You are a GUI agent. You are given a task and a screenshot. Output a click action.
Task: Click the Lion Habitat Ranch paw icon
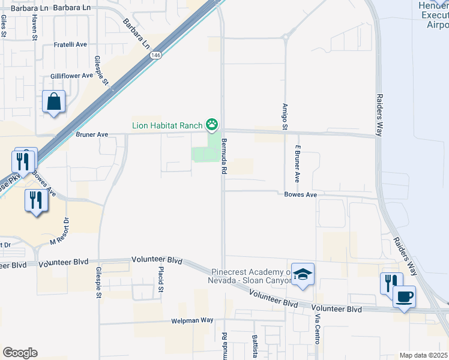click(x=212, y=125)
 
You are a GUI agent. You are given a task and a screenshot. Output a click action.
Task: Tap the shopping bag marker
click(x=54, y=102)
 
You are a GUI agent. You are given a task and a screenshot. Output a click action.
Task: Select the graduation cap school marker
click(x=303, y=275)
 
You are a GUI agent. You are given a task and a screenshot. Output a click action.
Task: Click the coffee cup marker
click(x=404, y=297)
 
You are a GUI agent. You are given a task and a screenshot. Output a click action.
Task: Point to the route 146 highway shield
click(x=155, y=55)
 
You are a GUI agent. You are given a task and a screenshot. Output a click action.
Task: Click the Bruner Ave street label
click(x=92, y=135)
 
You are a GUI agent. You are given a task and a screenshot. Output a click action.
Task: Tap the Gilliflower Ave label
click(x=71, y=76)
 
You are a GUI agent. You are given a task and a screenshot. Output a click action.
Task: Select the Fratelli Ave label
click(x=71, y=44)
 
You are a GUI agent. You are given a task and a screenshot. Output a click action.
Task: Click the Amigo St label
click(x=285, y=115)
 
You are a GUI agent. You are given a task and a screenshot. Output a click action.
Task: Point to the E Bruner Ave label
click(x=297, y=163)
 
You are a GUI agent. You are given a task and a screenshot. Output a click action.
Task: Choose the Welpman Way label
click(x=192, y=320)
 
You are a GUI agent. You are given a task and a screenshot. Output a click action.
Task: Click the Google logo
click(x=20, y=353)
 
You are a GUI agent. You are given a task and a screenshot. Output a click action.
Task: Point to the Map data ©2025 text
click(x=423, y=355)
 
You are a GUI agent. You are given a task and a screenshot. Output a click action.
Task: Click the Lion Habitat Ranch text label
click(x=167, y=125)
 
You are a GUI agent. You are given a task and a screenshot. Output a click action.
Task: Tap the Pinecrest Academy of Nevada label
click(x=252, y=277)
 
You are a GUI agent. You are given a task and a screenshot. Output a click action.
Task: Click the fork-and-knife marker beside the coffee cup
click(x=391, y=283)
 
